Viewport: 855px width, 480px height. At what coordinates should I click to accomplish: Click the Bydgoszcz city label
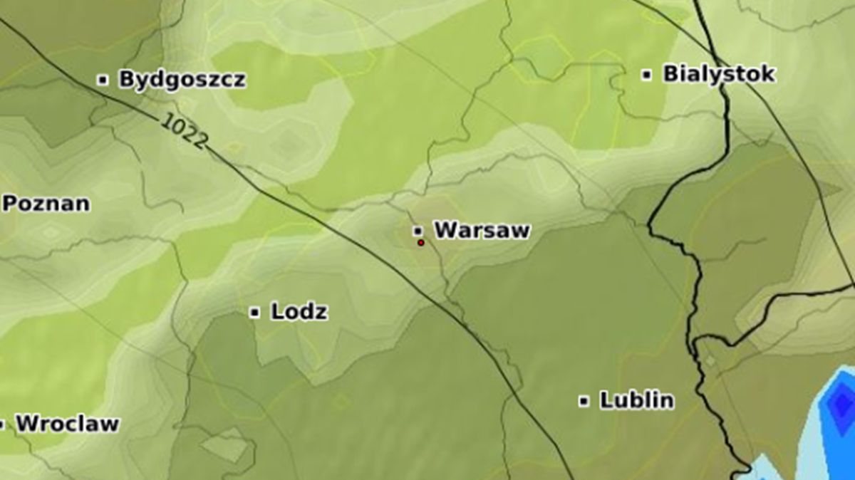pos(182,79)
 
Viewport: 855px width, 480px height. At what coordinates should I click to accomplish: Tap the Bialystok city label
pos(718,74)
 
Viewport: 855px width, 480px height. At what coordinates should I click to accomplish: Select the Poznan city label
pos(46,204)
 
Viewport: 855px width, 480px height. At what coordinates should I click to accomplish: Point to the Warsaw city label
pos(482,230)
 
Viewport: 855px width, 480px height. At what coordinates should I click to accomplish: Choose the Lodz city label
pos(299,311)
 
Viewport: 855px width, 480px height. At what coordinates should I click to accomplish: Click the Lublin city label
pos(636,400)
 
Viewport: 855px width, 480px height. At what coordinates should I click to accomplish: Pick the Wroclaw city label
pos(67,424)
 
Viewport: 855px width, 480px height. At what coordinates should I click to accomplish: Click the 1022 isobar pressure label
pos(184,131)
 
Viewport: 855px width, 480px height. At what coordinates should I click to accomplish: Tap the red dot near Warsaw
pos(421,243)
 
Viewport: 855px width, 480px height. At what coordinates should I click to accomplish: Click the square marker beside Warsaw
pos(418,231)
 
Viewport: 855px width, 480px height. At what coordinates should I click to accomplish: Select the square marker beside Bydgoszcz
pos(103,80)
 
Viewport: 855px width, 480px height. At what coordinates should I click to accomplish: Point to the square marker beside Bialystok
pos(647,75)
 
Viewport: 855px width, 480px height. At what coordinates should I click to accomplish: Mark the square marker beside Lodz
pos(254,312)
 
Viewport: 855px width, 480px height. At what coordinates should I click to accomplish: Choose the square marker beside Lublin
pos(584,401)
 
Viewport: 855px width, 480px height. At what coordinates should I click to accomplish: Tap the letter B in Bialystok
pos(670,74)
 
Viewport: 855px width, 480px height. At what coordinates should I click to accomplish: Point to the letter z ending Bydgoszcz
pos(239,80)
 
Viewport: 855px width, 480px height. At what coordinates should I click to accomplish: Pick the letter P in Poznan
pos(9,204)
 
